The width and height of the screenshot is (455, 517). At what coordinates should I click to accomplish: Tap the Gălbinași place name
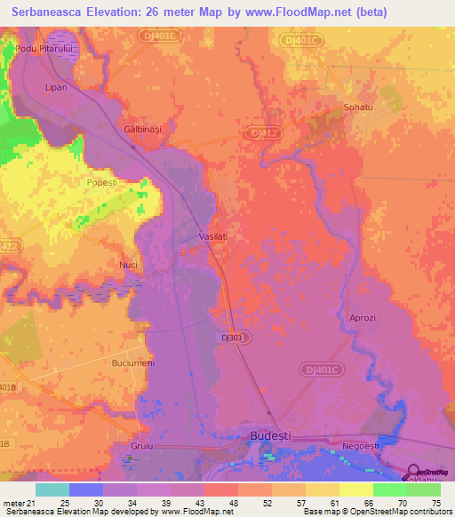142,130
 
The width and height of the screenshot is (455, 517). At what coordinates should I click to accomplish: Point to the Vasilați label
212,237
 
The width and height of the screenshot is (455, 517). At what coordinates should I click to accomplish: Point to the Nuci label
128,265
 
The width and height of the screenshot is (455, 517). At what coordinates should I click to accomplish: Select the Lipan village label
56,87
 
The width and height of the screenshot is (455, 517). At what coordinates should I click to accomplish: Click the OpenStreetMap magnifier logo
413,472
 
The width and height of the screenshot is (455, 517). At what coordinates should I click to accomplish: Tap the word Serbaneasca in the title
54,13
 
